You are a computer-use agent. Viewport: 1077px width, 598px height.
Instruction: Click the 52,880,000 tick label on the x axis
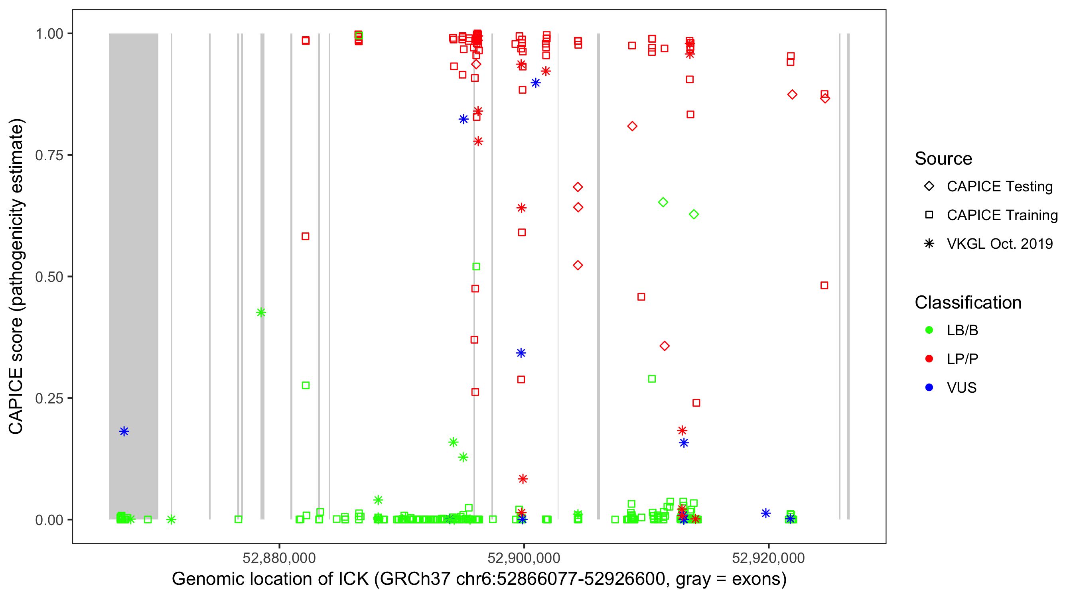pos(279,557)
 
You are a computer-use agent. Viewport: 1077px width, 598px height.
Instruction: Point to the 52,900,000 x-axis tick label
pos(523,557)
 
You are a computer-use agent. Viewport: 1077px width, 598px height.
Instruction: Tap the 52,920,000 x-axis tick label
pos(768,557)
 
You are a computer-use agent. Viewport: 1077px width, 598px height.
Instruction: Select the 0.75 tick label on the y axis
pos(49,155)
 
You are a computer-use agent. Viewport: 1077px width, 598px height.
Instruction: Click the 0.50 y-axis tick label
pos(49,277)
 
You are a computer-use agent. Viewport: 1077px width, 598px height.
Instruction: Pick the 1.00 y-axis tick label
pos(49,34)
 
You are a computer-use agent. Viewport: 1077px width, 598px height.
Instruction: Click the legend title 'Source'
pos(943,159)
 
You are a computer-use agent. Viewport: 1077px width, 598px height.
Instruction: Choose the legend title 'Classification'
pos(967,303)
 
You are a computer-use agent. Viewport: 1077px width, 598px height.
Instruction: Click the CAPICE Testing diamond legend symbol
pos(929,187)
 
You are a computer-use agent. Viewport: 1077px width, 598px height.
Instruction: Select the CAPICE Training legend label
pos(1002,215)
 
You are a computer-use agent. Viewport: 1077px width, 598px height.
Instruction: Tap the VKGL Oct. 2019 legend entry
pos(999,244)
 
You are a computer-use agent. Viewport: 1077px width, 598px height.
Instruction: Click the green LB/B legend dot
pos(929,330)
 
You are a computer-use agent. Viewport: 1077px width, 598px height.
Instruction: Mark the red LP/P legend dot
pos(929,359)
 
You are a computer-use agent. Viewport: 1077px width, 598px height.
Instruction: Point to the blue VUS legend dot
pos(929,388)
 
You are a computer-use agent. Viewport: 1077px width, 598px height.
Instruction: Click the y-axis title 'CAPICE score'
pos(17,277)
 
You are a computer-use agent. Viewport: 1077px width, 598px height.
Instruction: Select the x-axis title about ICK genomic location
pos(479,579)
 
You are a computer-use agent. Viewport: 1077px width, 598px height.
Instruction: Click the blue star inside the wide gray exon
pos(124,432)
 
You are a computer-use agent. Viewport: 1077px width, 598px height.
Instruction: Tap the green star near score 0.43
pos(261,313)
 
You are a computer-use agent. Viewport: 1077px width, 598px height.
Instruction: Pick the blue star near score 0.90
pos(536,83)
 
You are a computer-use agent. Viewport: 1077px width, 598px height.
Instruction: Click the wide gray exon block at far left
pos(134,251)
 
